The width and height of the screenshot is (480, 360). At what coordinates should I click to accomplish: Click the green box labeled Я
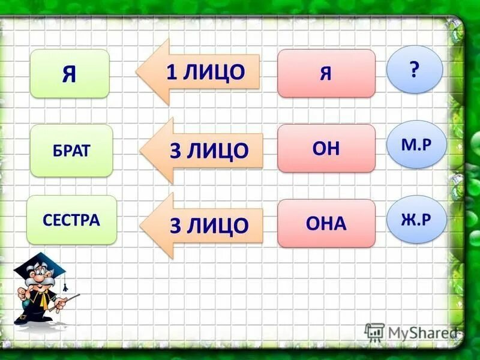(x=70, y=73)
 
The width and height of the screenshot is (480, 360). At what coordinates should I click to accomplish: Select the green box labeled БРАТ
(x=71, y=150)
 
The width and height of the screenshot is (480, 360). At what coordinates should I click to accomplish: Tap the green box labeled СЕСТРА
(x=71, y=220)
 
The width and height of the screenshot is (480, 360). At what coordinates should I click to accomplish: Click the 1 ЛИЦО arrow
(x=198, y=72)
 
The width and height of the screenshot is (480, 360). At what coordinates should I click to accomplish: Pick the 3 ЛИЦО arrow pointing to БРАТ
(x=202, y=150)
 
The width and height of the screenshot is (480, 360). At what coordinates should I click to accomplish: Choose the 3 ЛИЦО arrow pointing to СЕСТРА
(x=202, y=225)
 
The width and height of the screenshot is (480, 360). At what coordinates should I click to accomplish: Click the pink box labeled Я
(x=326, y=73)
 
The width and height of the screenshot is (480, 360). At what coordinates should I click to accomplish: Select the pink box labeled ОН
(x=326, y=149)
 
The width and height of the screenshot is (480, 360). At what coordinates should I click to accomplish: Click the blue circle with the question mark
(x=414, y=69)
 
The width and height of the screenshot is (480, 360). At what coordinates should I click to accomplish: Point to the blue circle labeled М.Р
(x=416, y=144)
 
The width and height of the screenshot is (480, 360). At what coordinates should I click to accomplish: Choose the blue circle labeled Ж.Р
(x=416, y=219)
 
